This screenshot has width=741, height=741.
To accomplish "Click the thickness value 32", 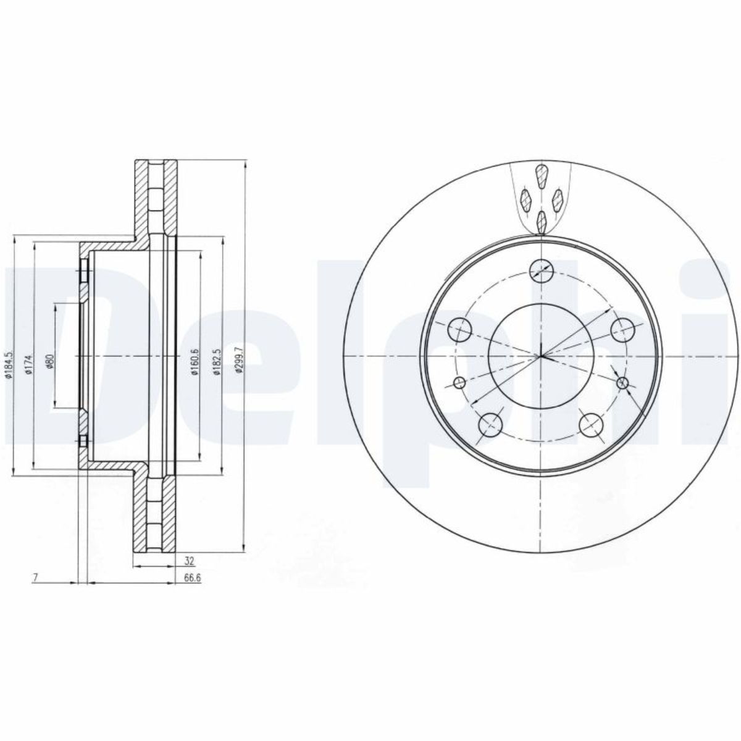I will point(190,561).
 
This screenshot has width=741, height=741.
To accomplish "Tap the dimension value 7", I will point(36,578).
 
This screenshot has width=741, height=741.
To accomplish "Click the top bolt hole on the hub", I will point(541,269).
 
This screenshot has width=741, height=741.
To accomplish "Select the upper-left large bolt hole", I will point(459,329).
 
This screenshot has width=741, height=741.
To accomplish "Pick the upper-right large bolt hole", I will point(622,329).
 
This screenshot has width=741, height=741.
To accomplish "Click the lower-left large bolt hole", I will point(490,425).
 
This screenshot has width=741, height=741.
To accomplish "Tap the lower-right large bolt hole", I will point(591,425).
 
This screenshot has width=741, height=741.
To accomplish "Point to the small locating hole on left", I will point(459,383).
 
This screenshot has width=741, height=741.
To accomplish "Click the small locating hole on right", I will point(622,383).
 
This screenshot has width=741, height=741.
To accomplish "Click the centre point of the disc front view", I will point(540,356).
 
